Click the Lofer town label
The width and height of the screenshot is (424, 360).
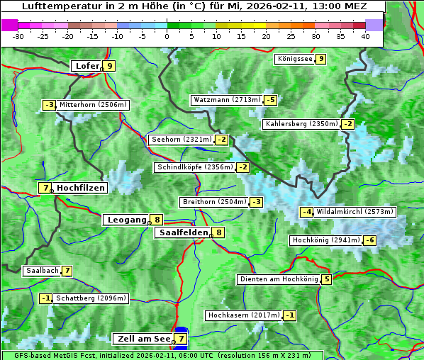pos(86,66)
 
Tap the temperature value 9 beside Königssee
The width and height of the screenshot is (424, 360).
pos(321,59)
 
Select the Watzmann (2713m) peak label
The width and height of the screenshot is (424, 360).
pos(226,100)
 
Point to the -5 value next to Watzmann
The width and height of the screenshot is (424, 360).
pos(271,100)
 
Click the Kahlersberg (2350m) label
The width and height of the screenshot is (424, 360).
pos(301,124)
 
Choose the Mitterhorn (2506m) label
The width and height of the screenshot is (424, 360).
pos(93,105)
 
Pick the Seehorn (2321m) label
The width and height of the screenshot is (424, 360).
pos(182,140)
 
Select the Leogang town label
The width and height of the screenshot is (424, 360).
pos(126,220)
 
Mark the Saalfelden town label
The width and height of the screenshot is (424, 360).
pos(183,232)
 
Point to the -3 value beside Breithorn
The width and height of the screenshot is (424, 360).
pos(257,202)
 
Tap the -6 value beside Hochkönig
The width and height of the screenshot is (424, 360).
pos(370,240)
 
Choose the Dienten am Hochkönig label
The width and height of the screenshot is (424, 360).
pos(278,279)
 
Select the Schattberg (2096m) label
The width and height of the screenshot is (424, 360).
pos(91,298)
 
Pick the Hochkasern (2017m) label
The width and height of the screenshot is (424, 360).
pos(243,315)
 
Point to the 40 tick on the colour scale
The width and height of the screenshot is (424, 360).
pos(365,35)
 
